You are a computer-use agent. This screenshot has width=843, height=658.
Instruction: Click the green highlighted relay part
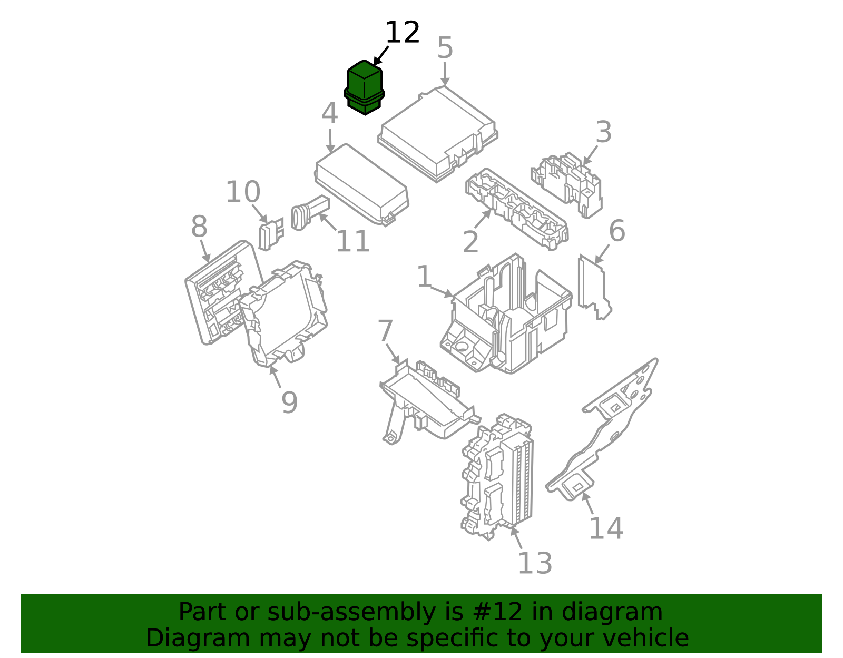(364, 87)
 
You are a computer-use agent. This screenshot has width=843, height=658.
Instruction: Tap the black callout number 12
(403, 33)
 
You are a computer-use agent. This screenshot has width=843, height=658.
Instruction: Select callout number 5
(445, 48)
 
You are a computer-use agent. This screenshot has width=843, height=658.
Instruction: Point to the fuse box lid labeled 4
(362, 184)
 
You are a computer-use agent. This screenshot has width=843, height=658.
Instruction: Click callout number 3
(603, 132)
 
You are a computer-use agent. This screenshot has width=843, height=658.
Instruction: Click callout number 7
(385, 331)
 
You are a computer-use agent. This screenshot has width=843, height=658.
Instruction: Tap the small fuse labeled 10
(269, 235)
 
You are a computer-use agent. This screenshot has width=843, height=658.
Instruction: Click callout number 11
(352, 242)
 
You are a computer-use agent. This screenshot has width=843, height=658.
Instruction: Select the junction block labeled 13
(498, 474)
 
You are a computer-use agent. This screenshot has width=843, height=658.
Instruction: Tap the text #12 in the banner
(495, 612)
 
